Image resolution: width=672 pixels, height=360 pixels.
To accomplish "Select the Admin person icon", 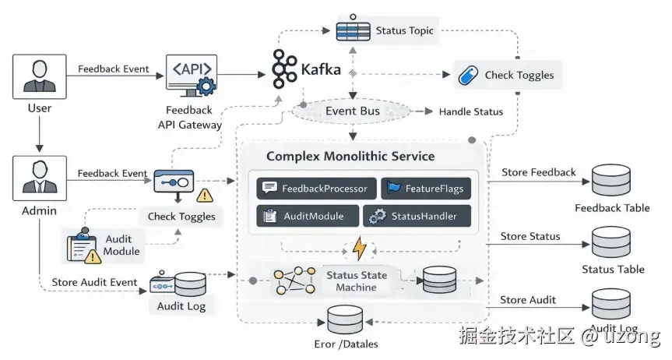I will click(39, 178).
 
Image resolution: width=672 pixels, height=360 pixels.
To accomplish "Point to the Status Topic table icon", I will click(352, 31).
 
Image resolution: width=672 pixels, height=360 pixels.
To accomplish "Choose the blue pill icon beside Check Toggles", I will click(467, 75).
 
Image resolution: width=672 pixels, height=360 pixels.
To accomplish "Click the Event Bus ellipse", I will click(352, 111).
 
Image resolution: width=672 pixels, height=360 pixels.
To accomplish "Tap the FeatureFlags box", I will click(427, 189).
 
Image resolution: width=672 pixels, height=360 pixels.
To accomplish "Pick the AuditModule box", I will click(308, 216).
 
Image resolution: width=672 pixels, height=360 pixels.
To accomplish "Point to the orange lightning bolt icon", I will click(359, 249).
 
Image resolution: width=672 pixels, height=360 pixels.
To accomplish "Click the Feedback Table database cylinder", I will click(610, 182).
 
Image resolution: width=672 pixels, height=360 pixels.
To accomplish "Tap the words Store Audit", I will click(528, 300).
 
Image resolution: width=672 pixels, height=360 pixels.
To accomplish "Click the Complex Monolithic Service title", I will click(350, 156).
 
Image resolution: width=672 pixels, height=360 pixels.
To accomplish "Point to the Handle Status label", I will click(470, 111).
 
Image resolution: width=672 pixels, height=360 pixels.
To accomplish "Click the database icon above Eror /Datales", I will click(345, 320).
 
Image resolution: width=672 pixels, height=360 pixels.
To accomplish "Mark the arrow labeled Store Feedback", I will click(537, 182).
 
